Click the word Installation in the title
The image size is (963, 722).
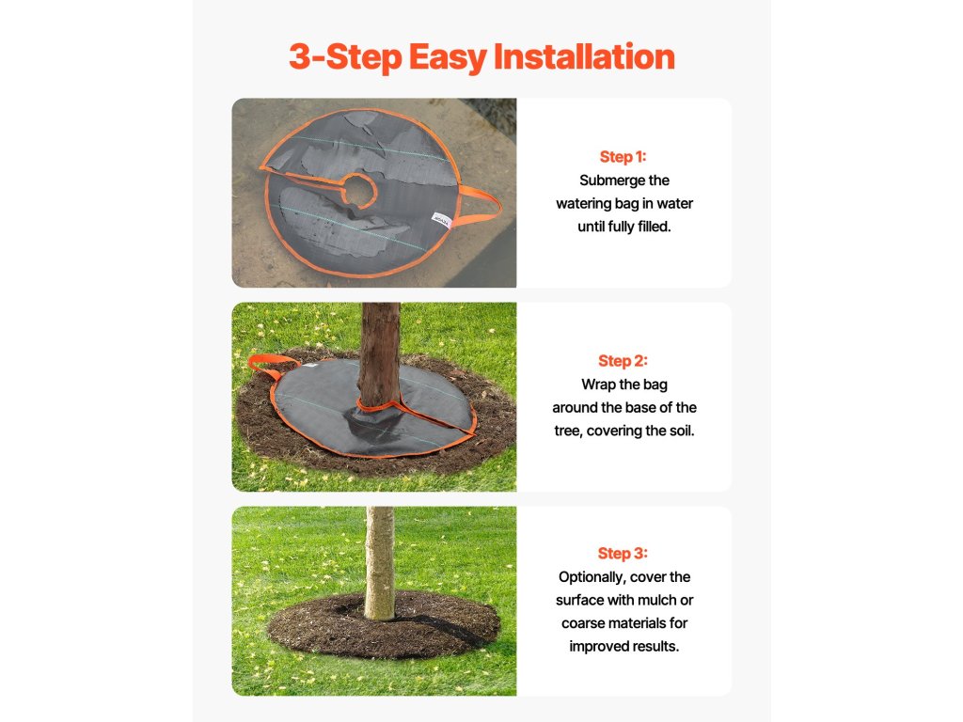584,56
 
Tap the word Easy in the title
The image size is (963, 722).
447,58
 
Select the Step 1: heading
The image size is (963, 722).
623,157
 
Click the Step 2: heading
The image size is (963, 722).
623,361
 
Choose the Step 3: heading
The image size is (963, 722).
623,553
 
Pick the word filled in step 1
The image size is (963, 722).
655,227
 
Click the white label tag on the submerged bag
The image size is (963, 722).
442,220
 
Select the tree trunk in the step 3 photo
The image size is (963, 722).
380,562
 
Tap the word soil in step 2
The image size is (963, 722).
681,431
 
